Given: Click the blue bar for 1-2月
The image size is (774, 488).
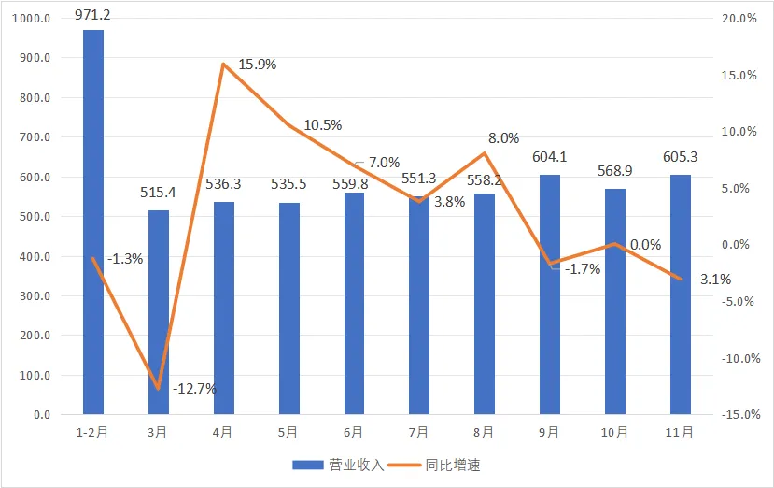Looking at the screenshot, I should (x=93, y=222).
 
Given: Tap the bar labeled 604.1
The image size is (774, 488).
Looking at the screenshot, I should (x=550, y=294).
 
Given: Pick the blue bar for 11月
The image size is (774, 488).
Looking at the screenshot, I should (x=681, y=294).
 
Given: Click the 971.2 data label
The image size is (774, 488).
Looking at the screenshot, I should (x=93, y=16).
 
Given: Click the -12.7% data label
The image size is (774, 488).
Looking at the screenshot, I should (x=194, y=387).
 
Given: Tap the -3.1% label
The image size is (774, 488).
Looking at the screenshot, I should (x=713, y=279).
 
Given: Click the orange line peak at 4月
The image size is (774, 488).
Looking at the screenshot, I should (x=224, y=64).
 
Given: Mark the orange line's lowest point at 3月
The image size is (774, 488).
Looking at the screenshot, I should (x=159, y=388).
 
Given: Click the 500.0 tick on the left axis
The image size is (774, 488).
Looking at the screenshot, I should (x=35, y=217).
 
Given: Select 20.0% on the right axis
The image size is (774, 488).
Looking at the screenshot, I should (x=739, y=19).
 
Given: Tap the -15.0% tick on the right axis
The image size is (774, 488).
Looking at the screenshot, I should (x=738, y=415).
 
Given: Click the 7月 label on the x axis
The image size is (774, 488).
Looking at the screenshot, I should (x=419, y=433).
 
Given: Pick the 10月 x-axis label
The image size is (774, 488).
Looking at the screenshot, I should (x=615, y=433).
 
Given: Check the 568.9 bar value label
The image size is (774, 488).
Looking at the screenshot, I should (x=615, y=171).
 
